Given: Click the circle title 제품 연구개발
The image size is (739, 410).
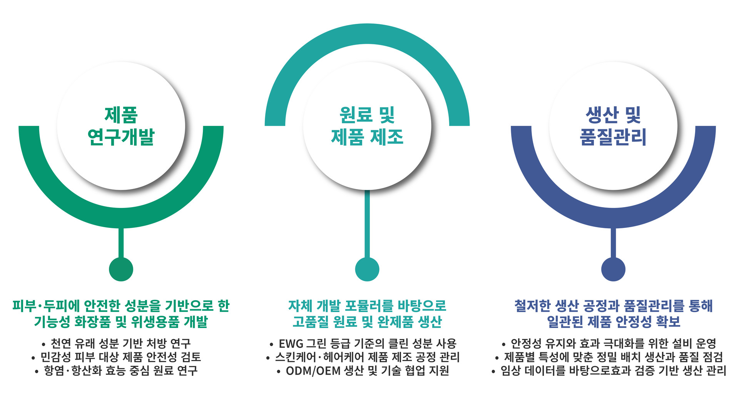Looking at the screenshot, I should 121,126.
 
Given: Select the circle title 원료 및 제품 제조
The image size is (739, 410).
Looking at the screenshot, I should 367,126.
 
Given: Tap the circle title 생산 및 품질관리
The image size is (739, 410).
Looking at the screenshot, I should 613,126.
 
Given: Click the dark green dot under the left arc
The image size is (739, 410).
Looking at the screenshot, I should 121,269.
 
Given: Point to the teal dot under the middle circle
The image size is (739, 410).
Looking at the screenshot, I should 367,269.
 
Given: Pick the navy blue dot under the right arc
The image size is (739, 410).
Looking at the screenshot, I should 613,269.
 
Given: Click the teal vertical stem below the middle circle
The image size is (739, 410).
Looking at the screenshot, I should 367,223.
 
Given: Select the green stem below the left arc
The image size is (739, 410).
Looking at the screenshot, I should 121,243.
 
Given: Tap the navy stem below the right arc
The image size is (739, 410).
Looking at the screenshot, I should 613,243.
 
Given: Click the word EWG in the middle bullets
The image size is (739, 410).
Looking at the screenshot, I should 291,343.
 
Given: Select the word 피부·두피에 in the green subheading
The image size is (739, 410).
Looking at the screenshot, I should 46,306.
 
